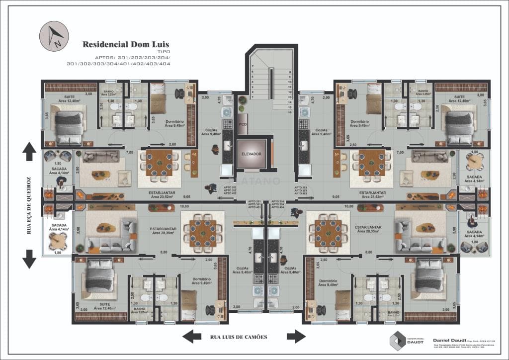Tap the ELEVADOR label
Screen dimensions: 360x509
click(252, 154)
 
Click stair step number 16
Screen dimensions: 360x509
click(289, 112)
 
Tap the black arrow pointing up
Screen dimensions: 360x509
click(29, 150)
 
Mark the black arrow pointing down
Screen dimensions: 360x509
click(29, 259)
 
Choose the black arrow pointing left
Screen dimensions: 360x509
click(191, 337)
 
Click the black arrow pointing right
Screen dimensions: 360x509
click(296, 337)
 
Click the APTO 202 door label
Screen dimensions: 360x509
click(230, 187)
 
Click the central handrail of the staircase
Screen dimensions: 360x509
click(271, 85)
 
